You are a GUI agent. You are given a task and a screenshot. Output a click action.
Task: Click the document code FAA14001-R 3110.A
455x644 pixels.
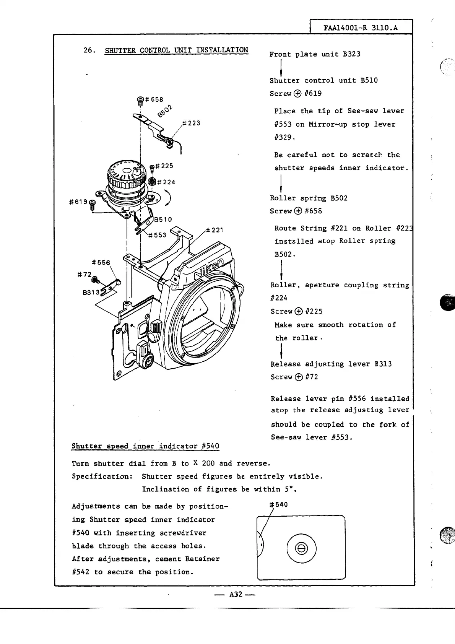361,28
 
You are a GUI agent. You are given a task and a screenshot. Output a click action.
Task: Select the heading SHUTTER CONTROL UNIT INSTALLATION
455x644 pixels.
176,50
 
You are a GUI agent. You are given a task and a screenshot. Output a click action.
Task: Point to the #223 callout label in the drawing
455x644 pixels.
191,123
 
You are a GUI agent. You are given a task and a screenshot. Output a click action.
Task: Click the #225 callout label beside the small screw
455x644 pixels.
164,166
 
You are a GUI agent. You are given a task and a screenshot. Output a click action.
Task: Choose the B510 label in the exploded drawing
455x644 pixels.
163,220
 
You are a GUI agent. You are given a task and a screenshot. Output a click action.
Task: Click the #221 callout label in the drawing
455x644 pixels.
214,230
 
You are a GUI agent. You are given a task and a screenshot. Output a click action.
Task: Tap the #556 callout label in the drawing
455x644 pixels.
101,262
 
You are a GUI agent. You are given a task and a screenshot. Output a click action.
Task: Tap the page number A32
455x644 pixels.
235,594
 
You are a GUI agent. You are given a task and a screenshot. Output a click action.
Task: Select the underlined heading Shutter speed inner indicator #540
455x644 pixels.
145,446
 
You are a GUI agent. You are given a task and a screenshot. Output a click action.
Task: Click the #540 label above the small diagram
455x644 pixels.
278,504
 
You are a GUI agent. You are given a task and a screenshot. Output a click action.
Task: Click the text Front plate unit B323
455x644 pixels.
315,54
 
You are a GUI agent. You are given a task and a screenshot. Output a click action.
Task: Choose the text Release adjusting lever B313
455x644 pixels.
331,364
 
